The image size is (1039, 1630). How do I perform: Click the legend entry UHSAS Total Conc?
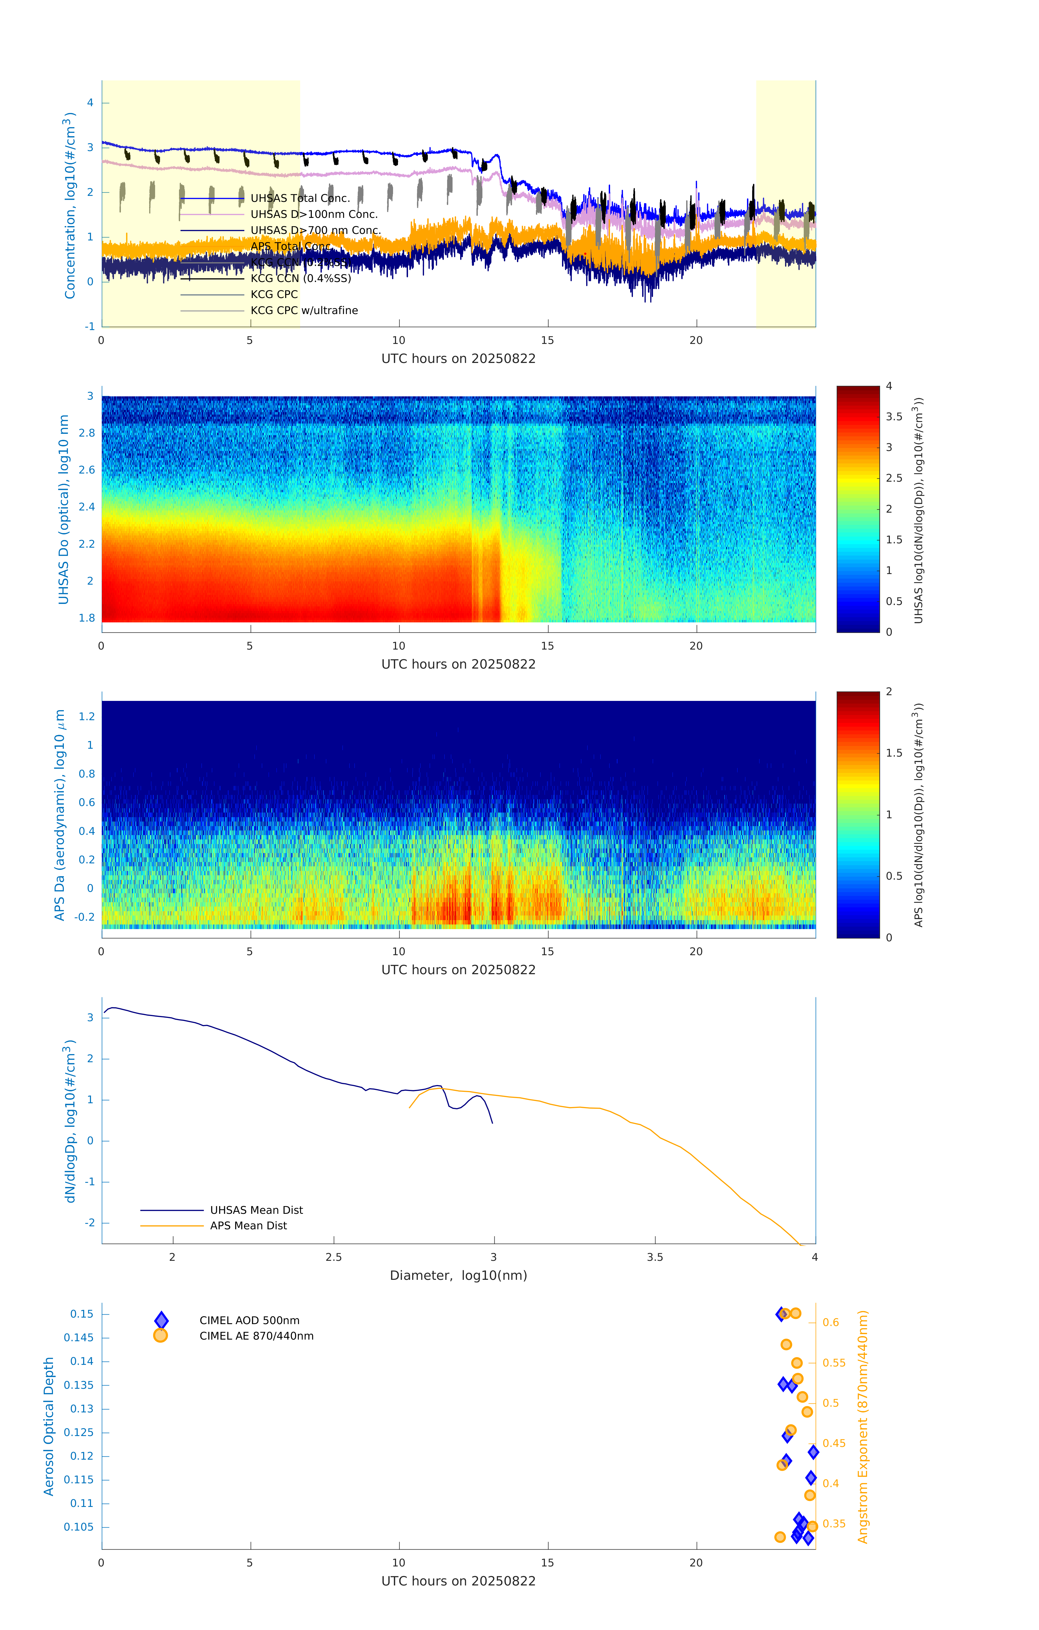click(x=300, y=198)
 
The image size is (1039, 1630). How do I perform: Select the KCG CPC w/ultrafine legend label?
click(x=304, y=311)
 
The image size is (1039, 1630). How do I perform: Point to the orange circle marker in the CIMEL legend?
click(x=161, y=1336)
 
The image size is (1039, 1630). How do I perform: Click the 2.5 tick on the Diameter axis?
click(x=334, y=1257)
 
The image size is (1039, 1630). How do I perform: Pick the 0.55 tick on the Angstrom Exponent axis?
click(x=834, y=1363)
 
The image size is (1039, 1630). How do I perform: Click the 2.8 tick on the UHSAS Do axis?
click(x=87, y=433)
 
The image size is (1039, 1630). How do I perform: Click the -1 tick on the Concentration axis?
click(x=89, y=326)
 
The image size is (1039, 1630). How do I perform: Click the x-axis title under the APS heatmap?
click(x=458, y=970)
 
